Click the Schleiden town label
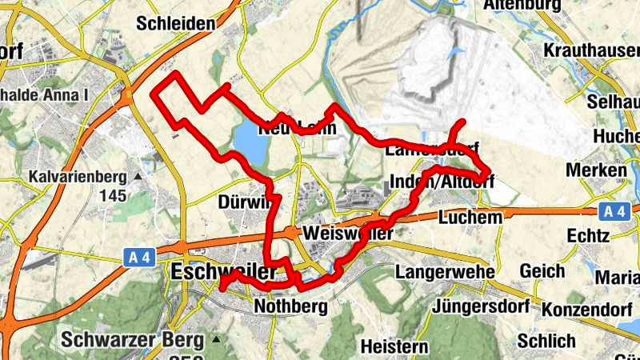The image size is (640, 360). coord(176,23)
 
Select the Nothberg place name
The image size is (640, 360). coord(290,306)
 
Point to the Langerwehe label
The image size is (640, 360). coord(446,272)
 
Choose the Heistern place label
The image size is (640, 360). coord(394,346)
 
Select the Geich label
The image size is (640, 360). coord(542,272)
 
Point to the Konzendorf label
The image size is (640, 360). coord(591,308)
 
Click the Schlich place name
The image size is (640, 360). coord(546,341)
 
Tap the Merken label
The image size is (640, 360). coord(595,170)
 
